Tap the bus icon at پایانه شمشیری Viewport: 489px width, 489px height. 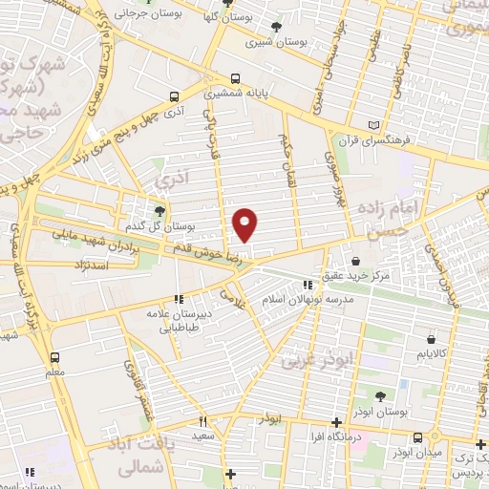click(x=236, y=79)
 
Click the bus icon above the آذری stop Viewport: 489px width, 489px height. click(x=174, y=96)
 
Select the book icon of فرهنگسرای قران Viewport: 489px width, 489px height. click(x=373, y=125)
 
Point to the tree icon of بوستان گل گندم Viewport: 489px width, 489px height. click(x=159, y=211)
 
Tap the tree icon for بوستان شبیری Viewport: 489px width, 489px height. click(x=277, y=27)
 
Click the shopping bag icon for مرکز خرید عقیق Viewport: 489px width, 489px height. click(x=355, y=260)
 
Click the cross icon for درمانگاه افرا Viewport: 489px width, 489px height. click(x=336, y=422)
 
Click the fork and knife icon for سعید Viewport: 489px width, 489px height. click(x=202, y=420)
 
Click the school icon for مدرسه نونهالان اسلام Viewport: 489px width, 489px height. click(x=307, y=285)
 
